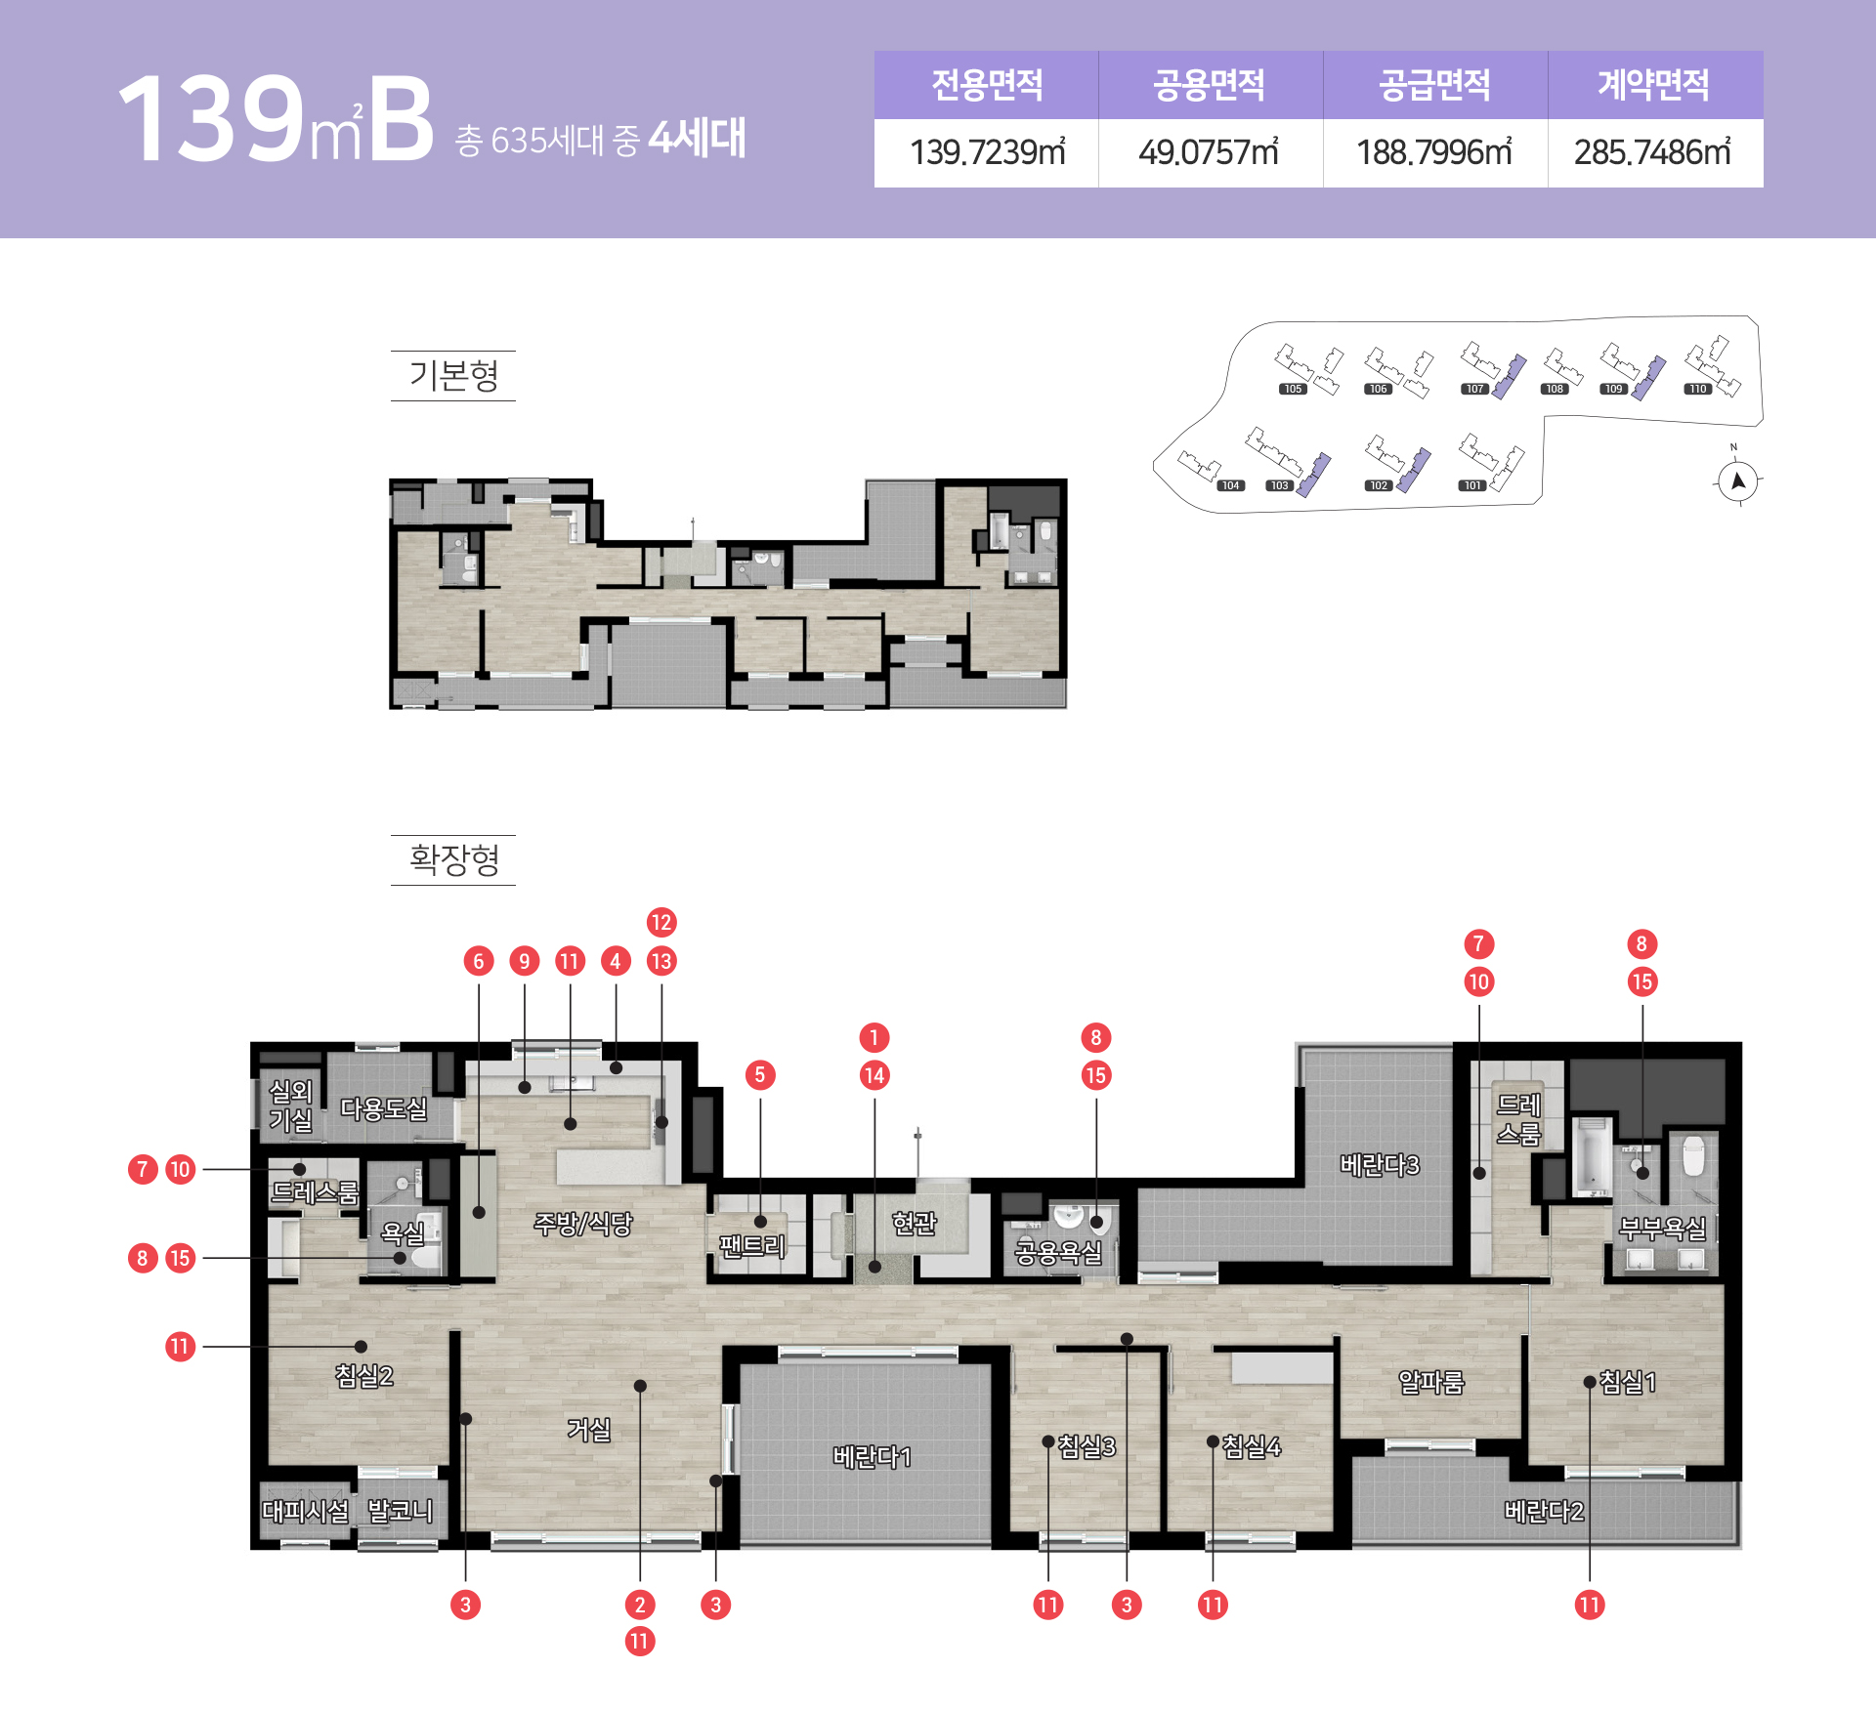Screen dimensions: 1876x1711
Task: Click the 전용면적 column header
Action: click(x=987, y=85)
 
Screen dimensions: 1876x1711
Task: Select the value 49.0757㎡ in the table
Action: click(x=1209, y=152)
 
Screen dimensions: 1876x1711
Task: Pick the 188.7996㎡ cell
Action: click(x=1434, y=152)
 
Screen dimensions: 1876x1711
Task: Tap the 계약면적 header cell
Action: click(x=1653, y=85)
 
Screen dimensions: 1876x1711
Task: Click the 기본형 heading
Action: click(x=453, y=375)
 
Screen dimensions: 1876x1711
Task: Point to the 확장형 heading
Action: click(x=453, y=859)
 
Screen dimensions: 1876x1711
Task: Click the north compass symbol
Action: click(x=1738, y=480)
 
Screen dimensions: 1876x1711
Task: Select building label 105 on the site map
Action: click(x=1293, y=389)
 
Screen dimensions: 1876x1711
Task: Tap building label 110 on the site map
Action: click(x=1698, y=389)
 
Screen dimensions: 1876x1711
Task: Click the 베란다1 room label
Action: click(x=872, y=1457)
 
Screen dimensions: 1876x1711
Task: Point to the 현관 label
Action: click(x=915, y=1223)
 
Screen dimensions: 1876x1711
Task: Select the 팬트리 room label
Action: click(x=752, y=1245)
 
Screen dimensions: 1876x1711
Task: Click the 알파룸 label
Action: click(x=1431, y=1382)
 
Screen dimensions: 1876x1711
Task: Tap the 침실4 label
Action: click(x=1252, y=1446)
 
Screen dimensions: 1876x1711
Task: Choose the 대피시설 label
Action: click(x=305, y=1511)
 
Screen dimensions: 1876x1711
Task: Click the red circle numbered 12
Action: click(x=661, y=922)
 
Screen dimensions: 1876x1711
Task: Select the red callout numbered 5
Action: click(x=760, y=1075)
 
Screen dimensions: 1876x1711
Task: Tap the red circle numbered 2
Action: click(x=640, y=1605)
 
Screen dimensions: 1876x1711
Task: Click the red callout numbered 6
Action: click(x=479, y=961)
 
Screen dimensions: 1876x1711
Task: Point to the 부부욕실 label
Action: click(x=1662, y=1228)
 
